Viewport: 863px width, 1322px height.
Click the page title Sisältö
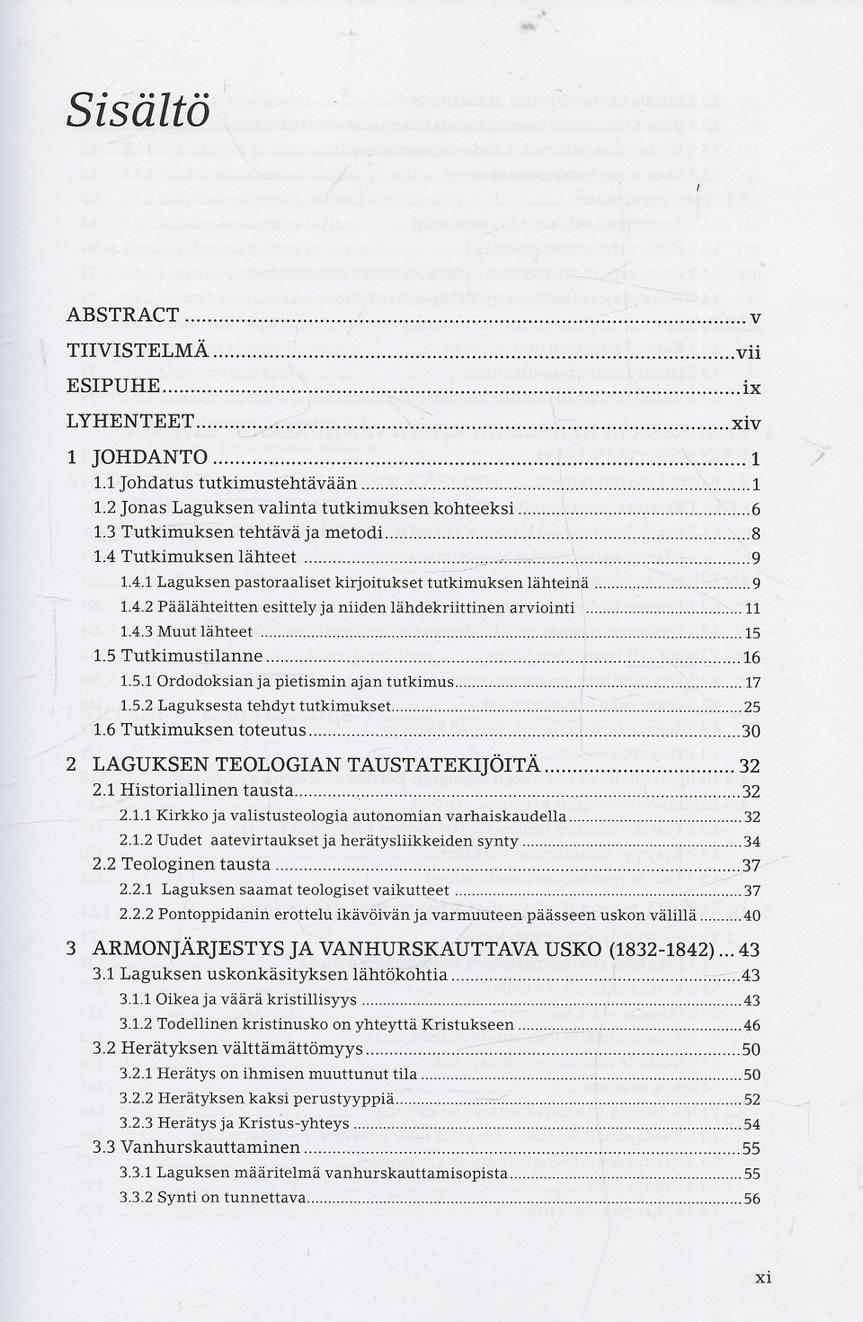pos(138,112)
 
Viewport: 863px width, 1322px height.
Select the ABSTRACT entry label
pos(123,315)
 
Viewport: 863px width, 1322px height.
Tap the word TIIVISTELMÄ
pos(138,350)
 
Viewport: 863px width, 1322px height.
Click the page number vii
pos(748,352)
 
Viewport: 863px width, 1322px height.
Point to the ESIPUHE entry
pos(113,386)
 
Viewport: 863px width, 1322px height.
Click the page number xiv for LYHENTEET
pos(746,422)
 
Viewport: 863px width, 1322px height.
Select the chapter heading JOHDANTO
pos(150,457)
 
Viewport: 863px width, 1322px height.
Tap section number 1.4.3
pos(136,632)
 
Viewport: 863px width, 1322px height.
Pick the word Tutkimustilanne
pos(191,657)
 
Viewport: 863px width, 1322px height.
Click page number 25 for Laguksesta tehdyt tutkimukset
pos(752,707)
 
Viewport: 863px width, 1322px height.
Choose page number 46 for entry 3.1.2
pos(752,1025)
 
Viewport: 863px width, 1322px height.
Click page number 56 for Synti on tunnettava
pos(752,1199)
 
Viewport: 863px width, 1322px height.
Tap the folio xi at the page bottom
pos(763,1278)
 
